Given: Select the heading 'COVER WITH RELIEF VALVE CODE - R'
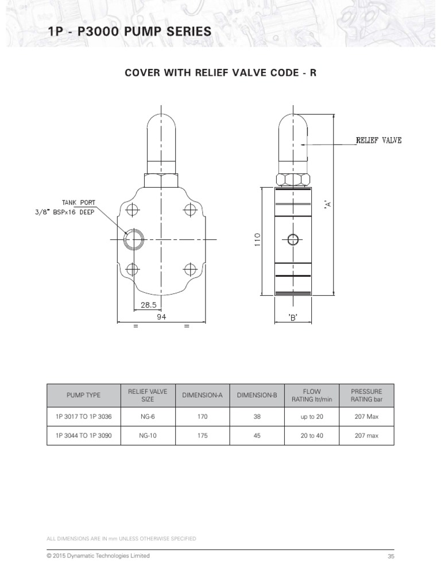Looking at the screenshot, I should tap(220, 73).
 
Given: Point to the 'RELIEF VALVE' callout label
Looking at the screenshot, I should tap(379, 140).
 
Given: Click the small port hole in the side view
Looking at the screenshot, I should tap(293, 239).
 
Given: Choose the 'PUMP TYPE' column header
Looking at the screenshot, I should tap(83, 396).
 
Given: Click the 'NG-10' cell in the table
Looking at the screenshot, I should tap(148, 436).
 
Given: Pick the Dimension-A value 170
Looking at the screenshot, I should tap(202, 416).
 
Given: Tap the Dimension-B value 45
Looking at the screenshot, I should tap(257, 436).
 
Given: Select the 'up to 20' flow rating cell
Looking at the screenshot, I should tap(312, 416).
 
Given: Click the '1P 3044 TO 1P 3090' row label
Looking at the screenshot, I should tap(83, 436).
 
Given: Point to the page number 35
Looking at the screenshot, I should tap(391, 557).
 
